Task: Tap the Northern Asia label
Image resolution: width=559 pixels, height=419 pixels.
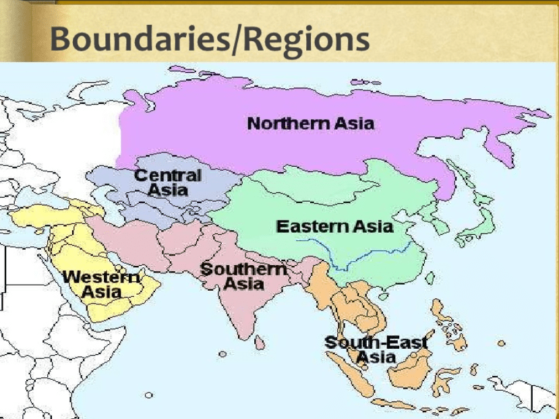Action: tap(310, 124)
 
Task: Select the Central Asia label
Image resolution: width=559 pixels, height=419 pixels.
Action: tap(168, 182)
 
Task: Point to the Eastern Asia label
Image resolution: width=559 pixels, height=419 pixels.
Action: tap(334, 226)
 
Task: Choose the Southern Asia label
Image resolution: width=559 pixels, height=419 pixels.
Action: tap(243, 276)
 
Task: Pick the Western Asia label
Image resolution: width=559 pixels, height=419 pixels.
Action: tap(102, 284)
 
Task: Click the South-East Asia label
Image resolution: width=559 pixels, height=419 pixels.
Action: tap(376, 350)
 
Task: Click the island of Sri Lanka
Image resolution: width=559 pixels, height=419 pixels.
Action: tap(260, 343)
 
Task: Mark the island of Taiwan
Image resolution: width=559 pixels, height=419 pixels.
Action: tap(430, 277)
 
